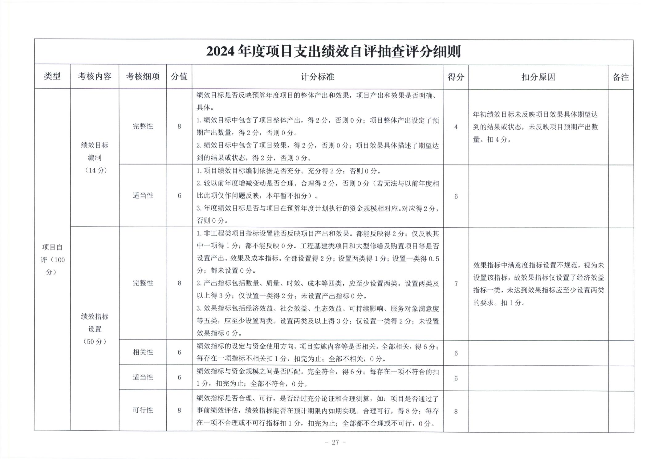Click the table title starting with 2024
point(333,52)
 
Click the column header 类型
point(52,76)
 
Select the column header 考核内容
point(95,76)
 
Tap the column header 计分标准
point(317,77)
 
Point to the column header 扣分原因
point(538,77)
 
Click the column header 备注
point(620,77)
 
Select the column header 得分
point(456,77)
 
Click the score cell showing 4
point(456,127)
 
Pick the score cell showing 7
point(456,284)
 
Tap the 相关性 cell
point(143,352)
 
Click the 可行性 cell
point(143,410)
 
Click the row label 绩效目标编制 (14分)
point(95,157)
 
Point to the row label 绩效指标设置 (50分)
point(95,329)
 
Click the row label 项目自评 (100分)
point(52,260)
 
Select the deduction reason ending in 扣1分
point(538,284)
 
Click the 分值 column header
point(179,76)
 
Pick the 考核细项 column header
point(143,76)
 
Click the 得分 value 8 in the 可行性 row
point(456,411)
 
